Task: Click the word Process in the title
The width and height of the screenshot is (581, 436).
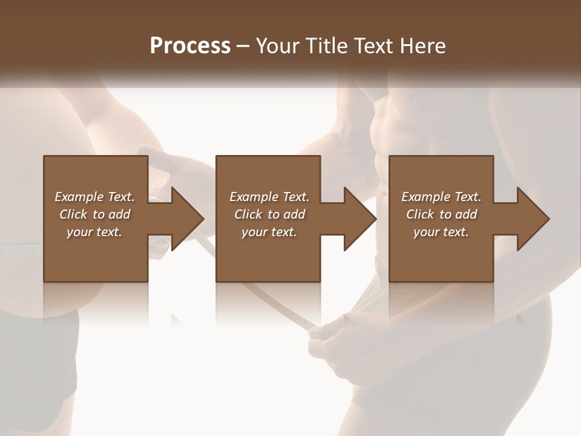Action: click(190, 46)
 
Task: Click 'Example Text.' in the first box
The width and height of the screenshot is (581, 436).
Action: click(94, 196)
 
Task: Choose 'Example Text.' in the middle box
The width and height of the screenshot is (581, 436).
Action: click(269, 196)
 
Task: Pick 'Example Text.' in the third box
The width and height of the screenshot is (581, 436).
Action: click(441, 196)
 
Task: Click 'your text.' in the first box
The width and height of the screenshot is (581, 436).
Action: click(94, 231)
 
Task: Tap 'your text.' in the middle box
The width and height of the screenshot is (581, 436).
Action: click(269, 231)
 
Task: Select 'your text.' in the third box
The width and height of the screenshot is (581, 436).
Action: click(441, 231)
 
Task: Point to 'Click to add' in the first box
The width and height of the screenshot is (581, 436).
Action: click(94, 214)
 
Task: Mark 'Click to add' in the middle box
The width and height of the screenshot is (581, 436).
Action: click(269, 214)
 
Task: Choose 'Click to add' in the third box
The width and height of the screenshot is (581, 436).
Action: click(441, 214)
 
